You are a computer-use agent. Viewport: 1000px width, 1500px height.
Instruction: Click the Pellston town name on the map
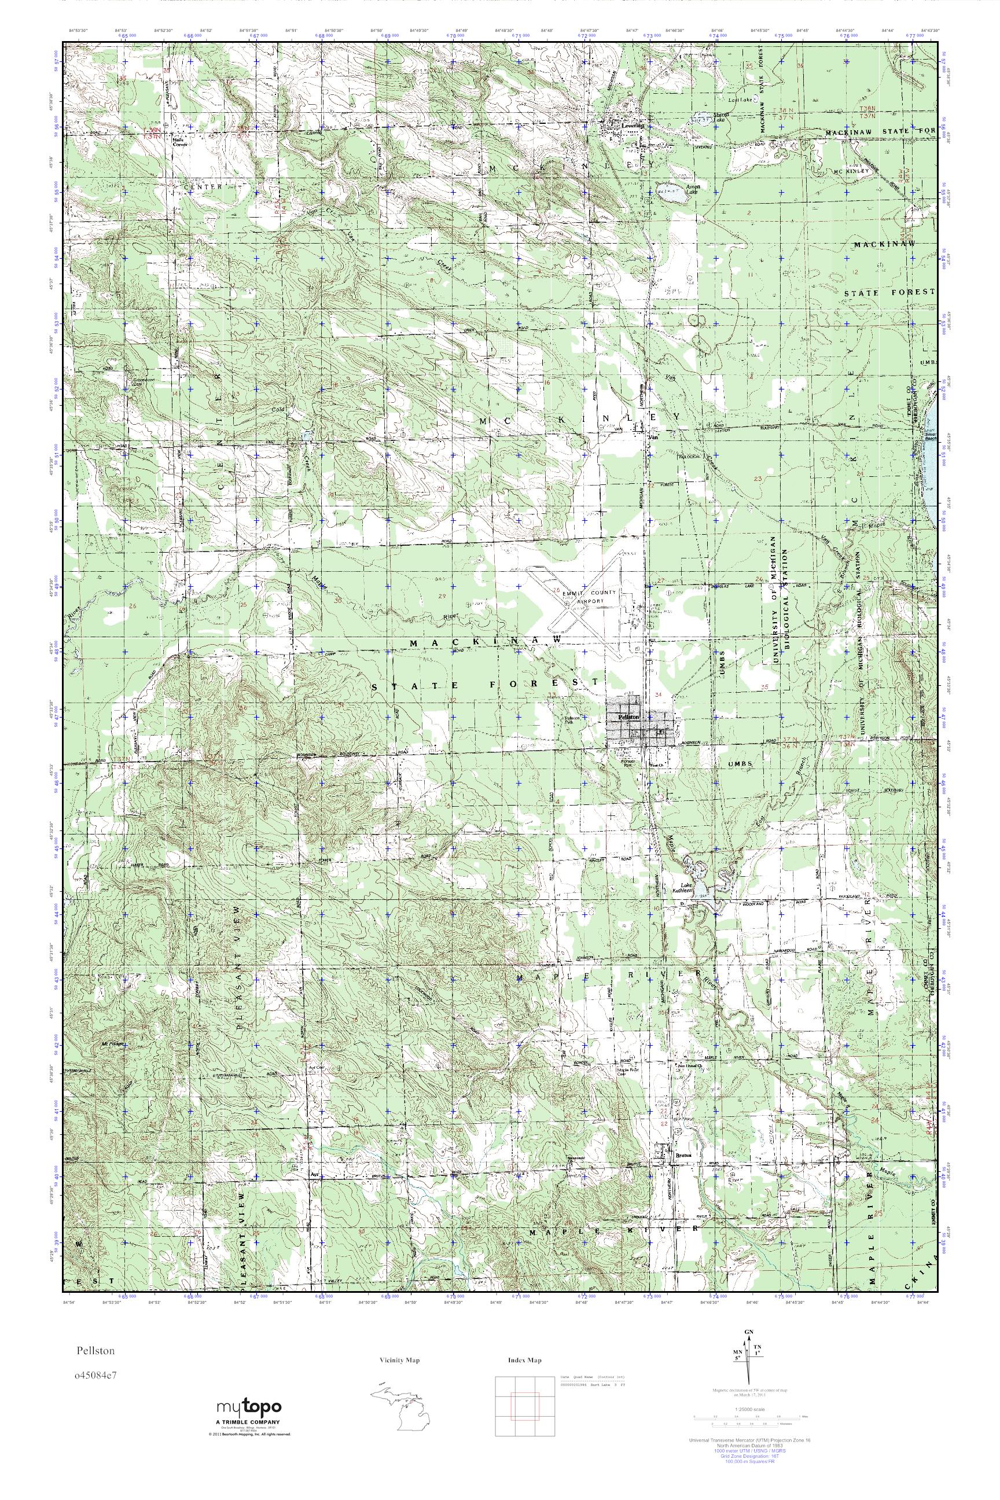624,718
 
